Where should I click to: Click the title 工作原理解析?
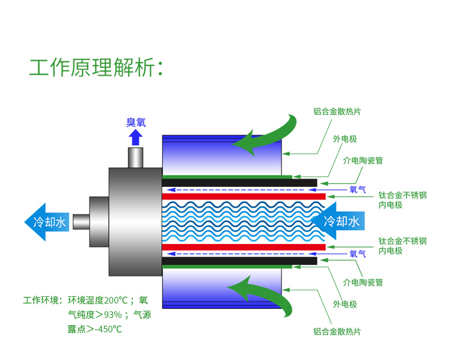click(x=96, y=67)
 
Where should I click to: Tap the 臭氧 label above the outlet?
click(x=136, y=123)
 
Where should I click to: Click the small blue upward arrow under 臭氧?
click(x=136, y=138)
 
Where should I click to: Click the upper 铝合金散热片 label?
click(x=337, y=111)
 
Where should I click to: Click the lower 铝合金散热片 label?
click(x=337, y=331)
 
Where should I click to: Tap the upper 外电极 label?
click(x=345, y=139)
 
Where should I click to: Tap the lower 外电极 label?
click(x=345, y=304)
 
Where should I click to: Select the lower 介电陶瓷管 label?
click(x=363, y=282)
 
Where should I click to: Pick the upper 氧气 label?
click(x=358, y=189)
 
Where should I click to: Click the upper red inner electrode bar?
click(x=244, y=197)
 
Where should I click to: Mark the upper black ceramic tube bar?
click(x=241, y=183)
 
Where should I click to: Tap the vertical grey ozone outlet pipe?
click(x=136, y=158)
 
